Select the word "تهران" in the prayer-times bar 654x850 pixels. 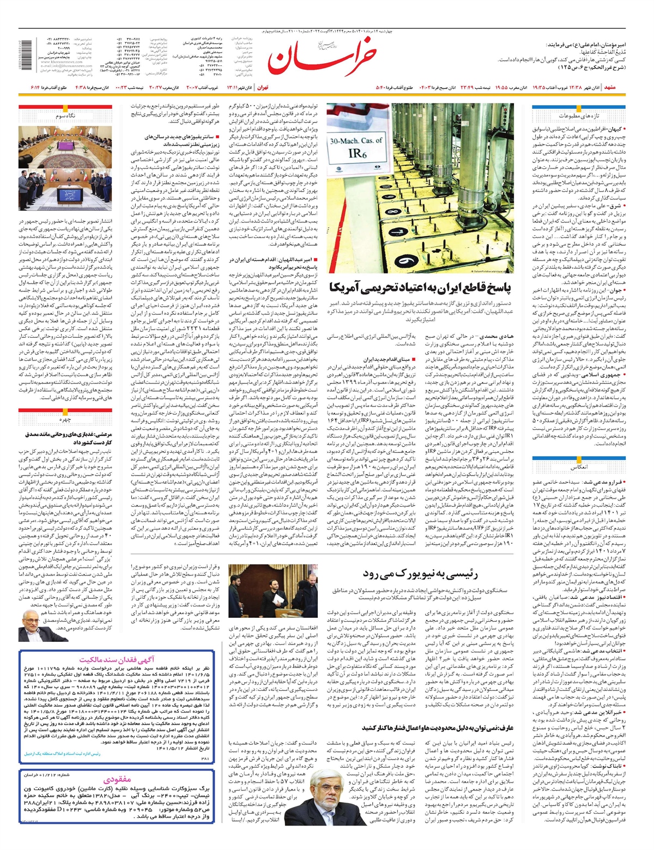coord(263,87)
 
